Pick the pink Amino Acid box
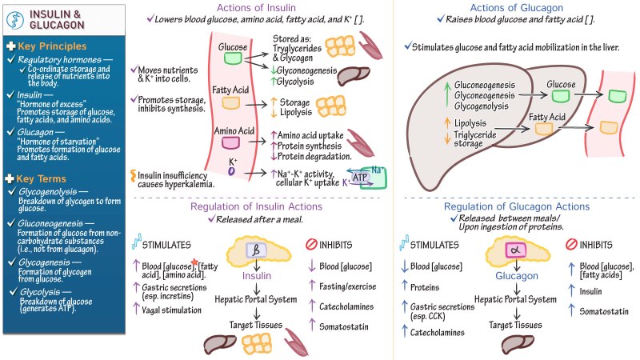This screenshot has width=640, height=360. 232,142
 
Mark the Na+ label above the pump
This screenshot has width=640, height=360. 376,170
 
